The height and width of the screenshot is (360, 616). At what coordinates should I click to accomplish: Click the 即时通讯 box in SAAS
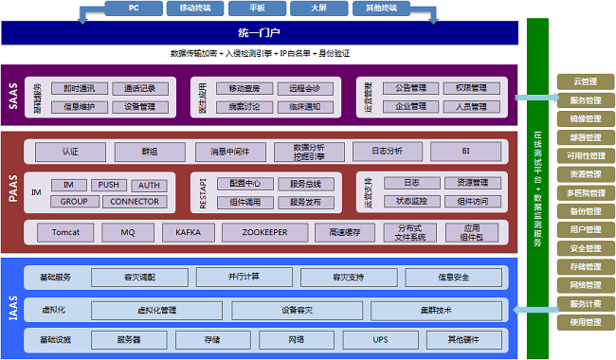tap(80, 88)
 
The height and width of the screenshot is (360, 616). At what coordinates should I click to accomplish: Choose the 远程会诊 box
tap(304, 88)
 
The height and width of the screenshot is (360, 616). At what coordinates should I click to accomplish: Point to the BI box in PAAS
tap(465, 151)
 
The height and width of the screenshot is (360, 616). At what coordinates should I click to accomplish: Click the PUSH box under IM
tap(109, 185)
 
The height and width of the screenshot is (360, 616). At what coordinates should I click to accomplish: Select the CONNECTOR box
tap(134, 201)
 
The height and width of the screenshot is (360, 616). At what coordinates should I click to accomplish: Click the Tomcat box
tap(63, 231)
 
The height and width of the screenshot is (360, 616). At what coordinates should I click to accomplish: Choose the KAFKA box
tap(181, 231)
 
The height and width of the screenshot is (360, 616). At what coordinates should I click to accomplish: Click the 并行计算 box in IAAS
tap(244, 277)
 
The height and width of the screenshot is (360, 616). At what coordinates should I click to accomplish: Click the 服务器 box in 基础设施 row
tap(129, 339)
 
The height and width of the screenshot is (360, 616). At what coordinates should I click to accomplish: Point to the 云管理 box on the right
tap(585, 81)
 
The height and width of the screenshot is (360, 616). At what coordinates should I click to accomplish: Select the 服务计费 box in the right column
tap(585, 303)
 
